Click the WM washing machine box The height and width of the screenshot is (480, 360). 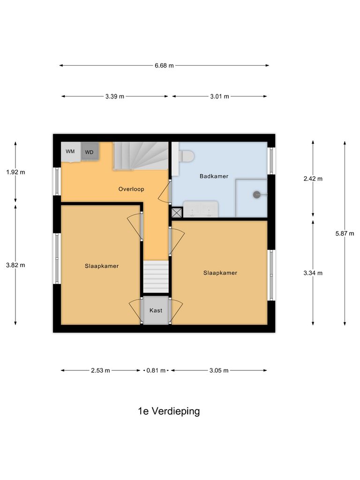point(70,152)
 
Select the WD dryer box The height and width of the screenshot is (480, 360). point(89,152)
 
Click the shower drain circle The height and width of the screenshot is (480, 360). point(256,195)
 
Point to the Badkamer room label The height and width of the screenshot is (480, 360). point(214,176)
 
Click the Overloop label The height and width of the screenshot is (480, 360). point(131,189)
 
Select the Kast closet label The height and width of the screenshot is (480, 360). point(156,310)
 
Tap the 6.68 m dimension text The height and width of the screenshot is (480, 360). point(164,66)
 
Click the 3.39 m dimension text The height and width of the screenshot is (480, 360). point(115,97)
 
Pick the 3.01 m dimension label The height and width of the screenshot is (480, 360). point(219,97)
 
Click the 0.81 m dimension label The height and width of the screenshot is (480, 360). point(156,370)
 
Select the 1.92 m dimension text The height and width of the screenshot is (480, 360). point(15,172)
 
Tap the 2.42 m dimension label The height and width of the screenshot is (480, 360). point(313,179)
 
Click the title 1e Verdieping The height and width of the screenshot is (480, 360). point(169,411)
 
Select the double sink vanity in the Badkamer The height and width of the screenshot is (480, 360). point(201,210)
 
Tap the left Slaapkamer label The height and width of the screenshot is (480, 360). point(102,266)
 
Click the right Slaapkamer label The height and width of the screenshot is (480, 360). point(220,273)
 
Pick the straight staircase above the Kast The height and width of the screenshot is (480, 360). point(156,277)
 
